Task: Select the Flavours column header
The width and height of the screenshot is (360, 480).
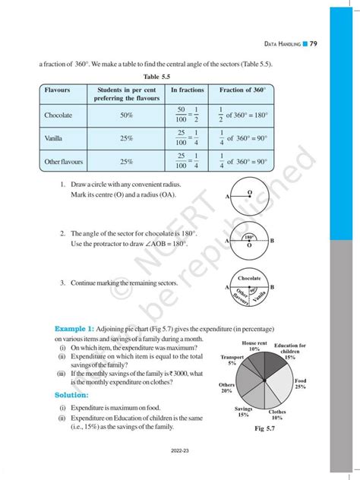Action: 58,90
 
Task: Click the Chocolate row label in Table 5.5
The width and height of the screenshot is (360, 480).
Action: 58,115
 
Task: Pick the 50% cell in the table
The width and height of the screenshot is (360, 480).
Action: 125,115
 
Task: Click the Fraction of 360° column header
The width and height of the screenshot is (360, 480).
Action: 242,90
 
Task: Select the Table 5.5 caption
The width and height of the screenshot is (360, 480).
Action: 156,76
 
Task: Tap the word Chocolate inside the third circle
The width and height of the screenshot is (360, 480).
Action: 249,279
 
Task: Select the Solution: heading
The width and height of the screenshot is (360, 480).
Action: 76,396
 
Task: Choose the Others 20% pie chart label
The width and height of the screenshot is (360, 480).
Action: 226,387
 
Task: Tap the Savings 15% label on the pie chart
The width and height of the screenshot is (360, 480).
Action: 243,412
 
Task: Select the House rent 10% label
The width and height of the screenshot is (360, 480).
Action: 254,346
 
